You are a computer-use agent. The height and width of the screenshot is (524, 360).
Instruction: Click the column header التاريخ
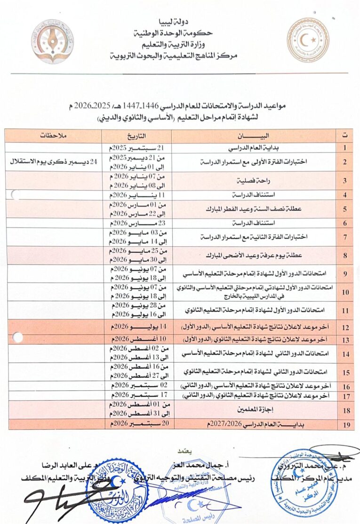(x=136, y=136)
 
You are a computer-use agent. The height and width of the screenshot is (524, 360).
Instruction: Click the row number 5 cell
(x=346, y=209)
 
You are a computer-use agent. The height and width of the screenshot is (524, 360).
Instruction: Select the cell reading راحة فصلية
(x=255, y=180)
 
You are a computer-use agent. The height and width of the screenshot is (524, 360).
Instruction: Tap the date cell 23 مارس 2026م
(x=136, y=223)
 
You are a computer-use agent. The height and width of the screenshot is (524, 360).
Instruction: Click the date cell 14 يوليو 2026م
(x=136, y=327)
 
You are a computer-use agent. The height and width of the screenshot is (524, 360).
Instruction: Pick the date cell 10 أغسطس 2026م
(x=136, y=339)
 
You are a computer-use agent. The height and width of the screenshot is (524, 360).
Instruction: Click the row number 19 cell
(x=346, y=425)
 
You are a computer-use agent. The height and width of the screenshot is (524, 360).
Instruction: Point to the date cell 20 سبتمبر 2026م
(x=136, y=424)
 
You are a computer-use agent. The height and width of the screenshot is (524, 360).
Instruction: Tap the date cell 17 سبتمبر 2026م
(x=136, y=395)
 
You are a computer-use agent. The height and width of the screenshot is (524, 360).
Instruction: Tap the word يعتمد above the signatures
(x=180, y=450)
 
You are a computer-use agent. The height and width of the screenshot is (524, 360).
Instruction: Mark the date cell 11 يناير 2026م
(x=136, y=194)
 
